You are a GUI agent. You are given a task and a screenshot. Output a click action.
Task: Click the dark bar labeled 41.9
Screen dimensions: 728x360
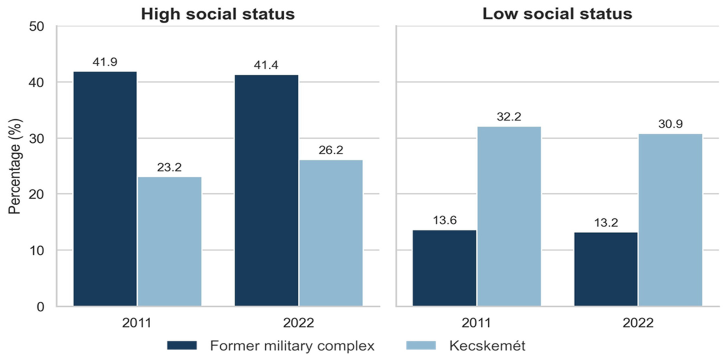tap(105, 189)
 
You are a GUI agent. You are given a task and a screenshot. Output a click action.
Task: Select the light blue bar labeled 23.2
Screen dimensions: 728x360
tap(169, 241)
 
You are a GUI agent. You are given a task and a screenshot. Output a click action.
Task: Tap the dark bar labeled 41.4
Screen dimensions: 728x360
tap(266, 190)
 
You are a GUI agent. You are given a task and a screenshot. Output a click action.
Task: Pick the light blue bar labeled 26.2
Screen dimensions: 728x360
tap(331, 233)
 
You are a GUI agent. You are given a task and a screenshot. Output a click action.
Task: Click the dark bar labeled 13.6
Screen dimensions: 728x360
tap(444, 268)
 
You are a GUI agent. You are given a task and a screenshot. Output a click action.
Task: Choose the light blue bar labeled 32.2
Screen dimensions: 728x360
tap(509, 216)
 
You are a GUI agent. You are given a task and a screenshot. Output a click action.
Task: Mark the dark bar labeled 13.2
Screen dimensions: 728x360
tap(606, 269)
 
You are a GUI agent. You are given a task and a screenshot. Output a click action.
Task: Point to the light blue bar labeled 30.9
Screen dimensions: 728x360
tap(670, 219)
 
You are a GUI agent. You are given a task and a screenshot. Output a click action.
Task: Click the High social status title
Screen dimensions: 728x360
tap(218, 14)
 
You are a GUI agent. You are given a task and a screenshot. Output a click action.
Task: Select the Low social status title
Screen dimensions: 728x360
tap(557, 14)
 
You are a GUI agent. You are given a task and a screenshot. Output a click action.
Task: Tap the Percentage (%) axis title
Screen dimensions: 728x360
tap(15, 166)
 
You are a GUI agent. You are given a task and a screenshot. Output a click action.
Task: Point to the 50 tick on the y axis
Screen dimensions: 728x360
tap(36, 26)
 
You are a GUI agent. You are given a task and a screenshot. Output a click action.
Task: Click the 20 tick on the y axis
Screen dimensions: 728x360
tap(36, 195)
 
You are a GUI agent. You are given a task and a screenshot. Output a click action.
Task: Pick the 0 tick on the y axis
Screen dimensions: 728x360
tap(40, 307)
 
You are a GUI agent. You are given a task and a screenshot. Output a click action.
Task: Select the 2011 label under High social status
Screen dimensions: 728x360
tap(137, 323)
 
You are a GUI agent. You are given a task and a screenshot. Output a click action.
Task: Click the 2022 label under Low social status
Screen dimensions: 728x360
tap(638, 323)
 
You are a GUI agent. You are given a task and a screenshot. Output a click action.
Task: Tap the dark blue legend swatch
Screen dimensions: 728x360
tap(182, 345)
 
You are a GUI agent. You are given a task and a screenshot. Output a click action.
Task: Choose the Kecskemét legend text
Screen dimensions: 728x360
tap(487, 345)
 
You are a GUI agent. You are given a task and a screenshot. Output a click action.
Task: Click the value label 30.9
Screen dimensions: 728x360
tap(670, 124)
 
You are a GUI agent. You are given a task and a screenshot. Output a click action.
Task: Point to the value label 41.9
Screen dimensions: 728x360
tap(105, 62)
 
